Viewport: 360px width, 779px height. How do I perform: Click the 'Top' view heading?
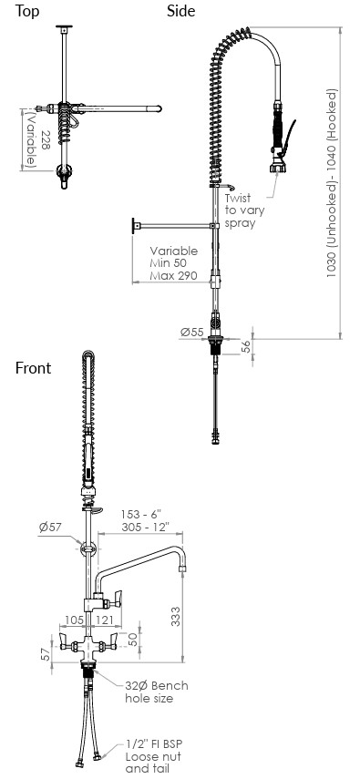(26, 11)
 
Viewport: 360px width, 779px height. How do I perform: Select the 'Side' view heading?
(181, 10)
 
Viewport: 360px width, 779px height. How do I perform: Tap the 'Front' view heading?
(34, 368)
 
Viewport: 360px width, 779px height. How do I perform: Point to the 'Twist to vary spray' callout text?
(244, 210)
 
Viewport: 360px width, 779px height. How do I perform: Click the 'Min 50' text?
(168, 262)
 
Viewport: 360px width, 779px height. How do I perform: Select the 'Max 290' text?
(173, 275)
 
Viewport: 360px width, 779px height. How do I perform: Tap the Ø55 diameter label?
(192, 333)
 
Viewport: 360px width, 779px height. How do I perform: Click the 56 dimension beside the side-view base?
(246, 347)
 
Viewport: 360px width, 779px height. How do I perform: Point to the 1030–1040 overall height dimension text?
(332, 183)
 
